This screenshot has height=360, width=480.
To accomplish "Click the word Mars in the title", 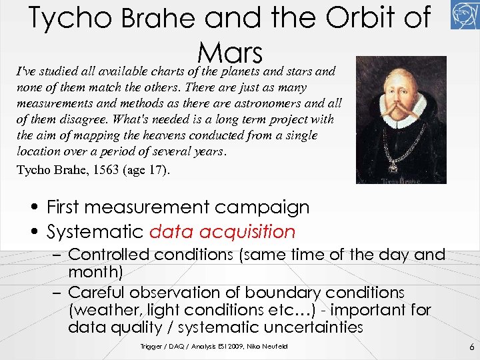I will (230, 52).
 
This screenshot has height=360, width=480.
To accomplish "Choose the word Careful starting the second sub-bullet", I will (95, 293).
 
